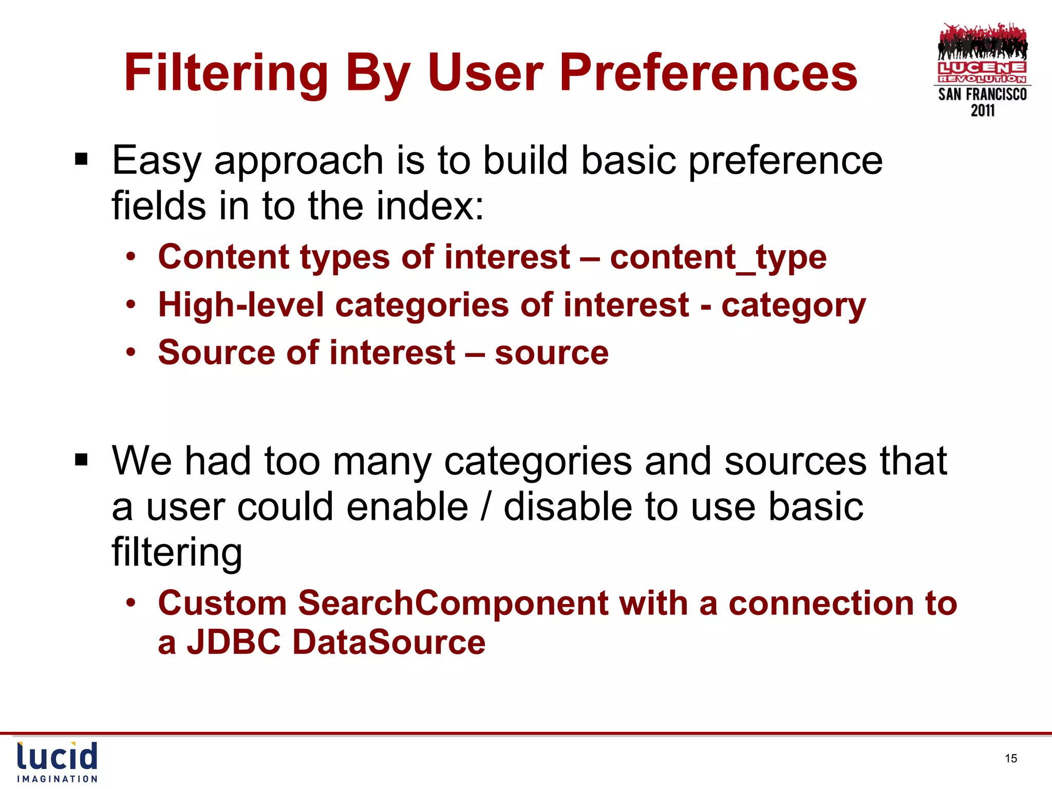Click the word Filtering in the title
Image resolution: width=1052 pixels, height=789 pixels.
[226, 73]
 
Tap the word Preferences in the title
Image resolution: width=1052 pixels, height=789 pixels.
[708, 73]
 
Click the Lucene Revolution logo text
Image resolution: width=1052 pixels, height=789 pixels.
[982, 72]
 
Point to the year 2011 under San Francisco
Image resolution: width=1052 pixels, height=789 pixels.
[983, 110]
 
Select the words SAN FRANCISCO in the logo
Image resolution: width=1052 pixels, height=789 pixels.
[982, 95]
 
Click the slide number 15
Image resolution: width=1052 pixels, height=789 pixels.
[1011, 758]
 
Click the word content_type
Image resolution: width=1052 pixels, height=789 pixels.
[718, 257]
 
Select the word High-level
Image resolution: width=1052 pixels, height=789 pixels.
[241, 305]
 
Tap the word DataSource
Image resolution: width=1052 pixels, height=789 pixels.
[389, 642]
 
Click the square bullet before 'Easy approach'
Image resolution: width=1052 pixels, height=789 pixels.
[81, 160]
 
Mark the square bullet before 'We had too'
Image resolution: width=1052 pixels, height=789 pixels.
[81, 460]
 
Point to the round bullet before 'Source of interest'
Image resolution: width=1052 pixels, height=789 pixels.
[131, 352]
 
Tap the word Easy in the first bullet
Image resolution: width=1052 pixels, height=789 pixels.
[156, 161]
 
